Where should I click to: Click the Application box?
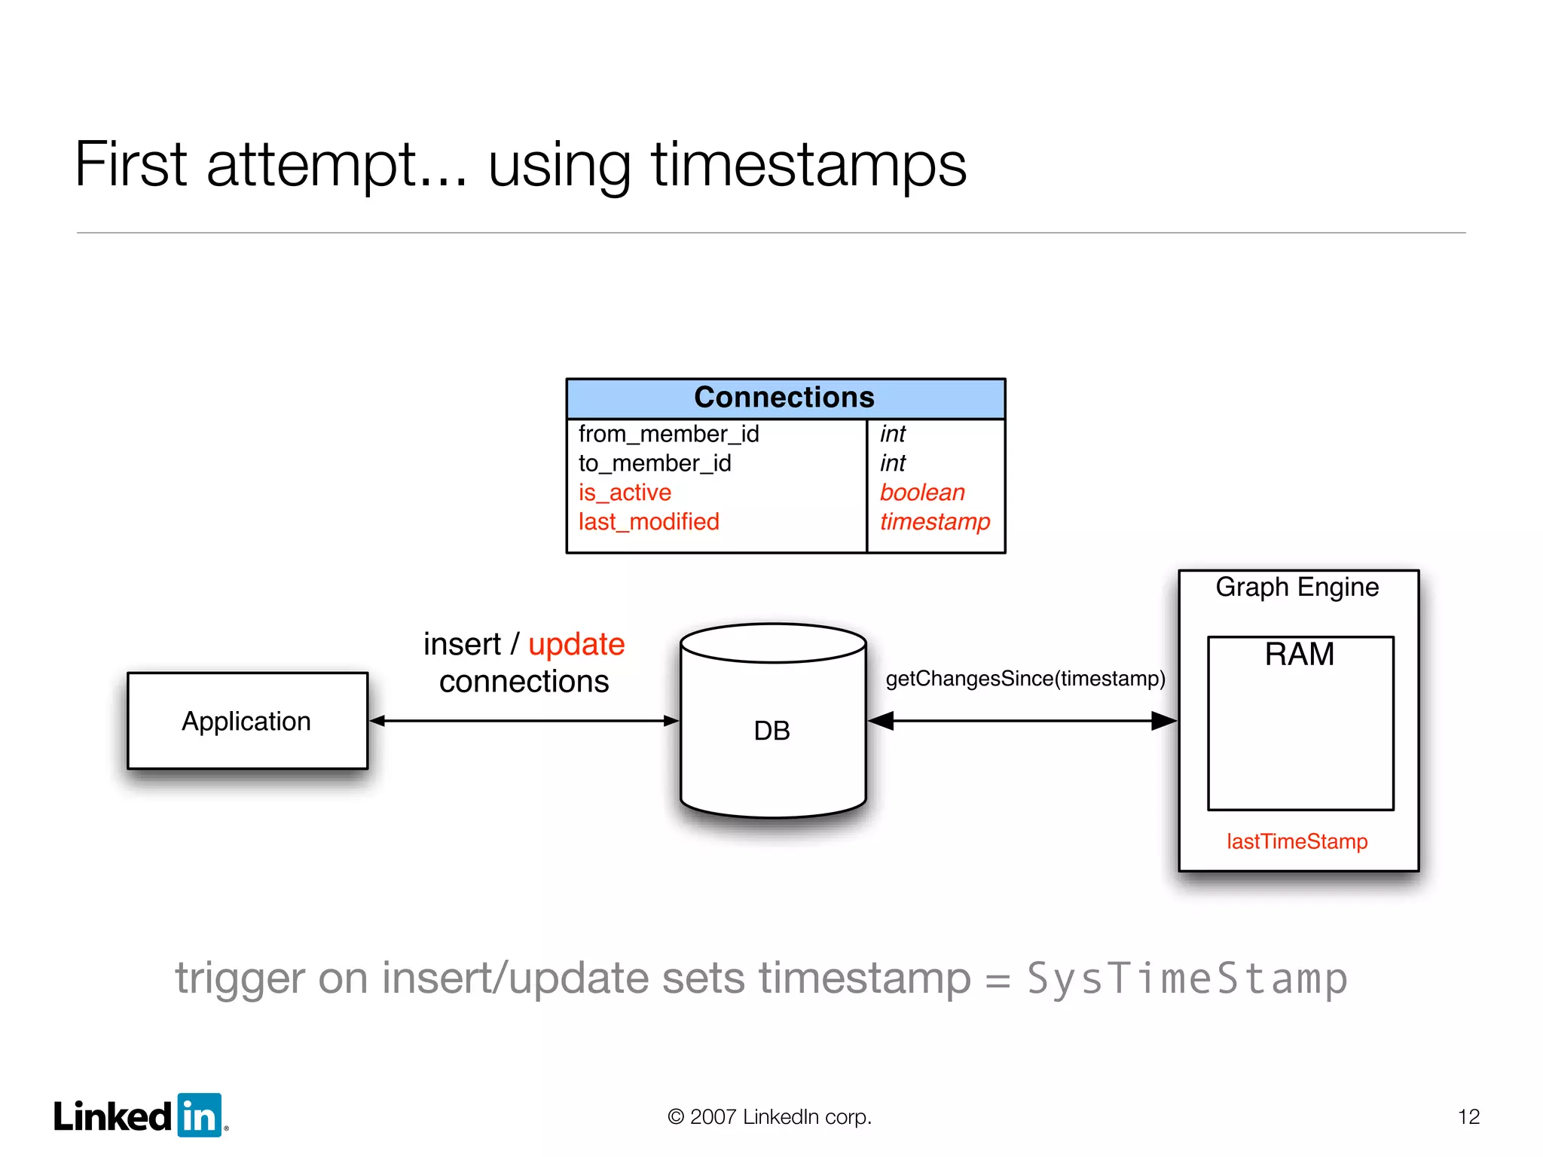(247, 721)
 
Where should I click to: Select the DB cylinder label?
(771, 731)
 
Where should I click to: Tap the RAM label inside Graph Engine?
(1299, 654)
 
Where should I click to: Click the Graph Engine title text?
(1297, 587)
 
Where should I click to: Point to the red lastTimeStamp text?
(1297, 841)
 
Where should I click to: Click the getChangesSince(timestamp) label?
(1025, 679)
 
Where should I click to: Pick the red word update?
(576, 644)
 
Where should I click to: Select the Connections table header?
(784, 398)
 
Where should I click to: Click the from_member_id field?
(668, 434)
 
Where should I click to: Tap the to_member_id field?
(655, 463)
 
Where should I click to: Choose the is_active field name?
(625, 493)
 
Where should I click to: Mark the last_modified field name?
(649, 522)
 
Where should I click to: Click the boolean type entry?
(922, 493)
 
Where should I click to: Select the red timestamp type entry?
(935, 522)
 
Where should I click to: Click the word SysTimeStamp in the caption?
(1187, 978)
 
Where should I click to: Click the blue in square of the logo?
(200, 1116)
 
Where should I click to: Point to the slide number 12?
(1468, 1116)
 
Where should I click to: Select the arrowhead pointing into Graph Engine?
(1164, 721)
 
